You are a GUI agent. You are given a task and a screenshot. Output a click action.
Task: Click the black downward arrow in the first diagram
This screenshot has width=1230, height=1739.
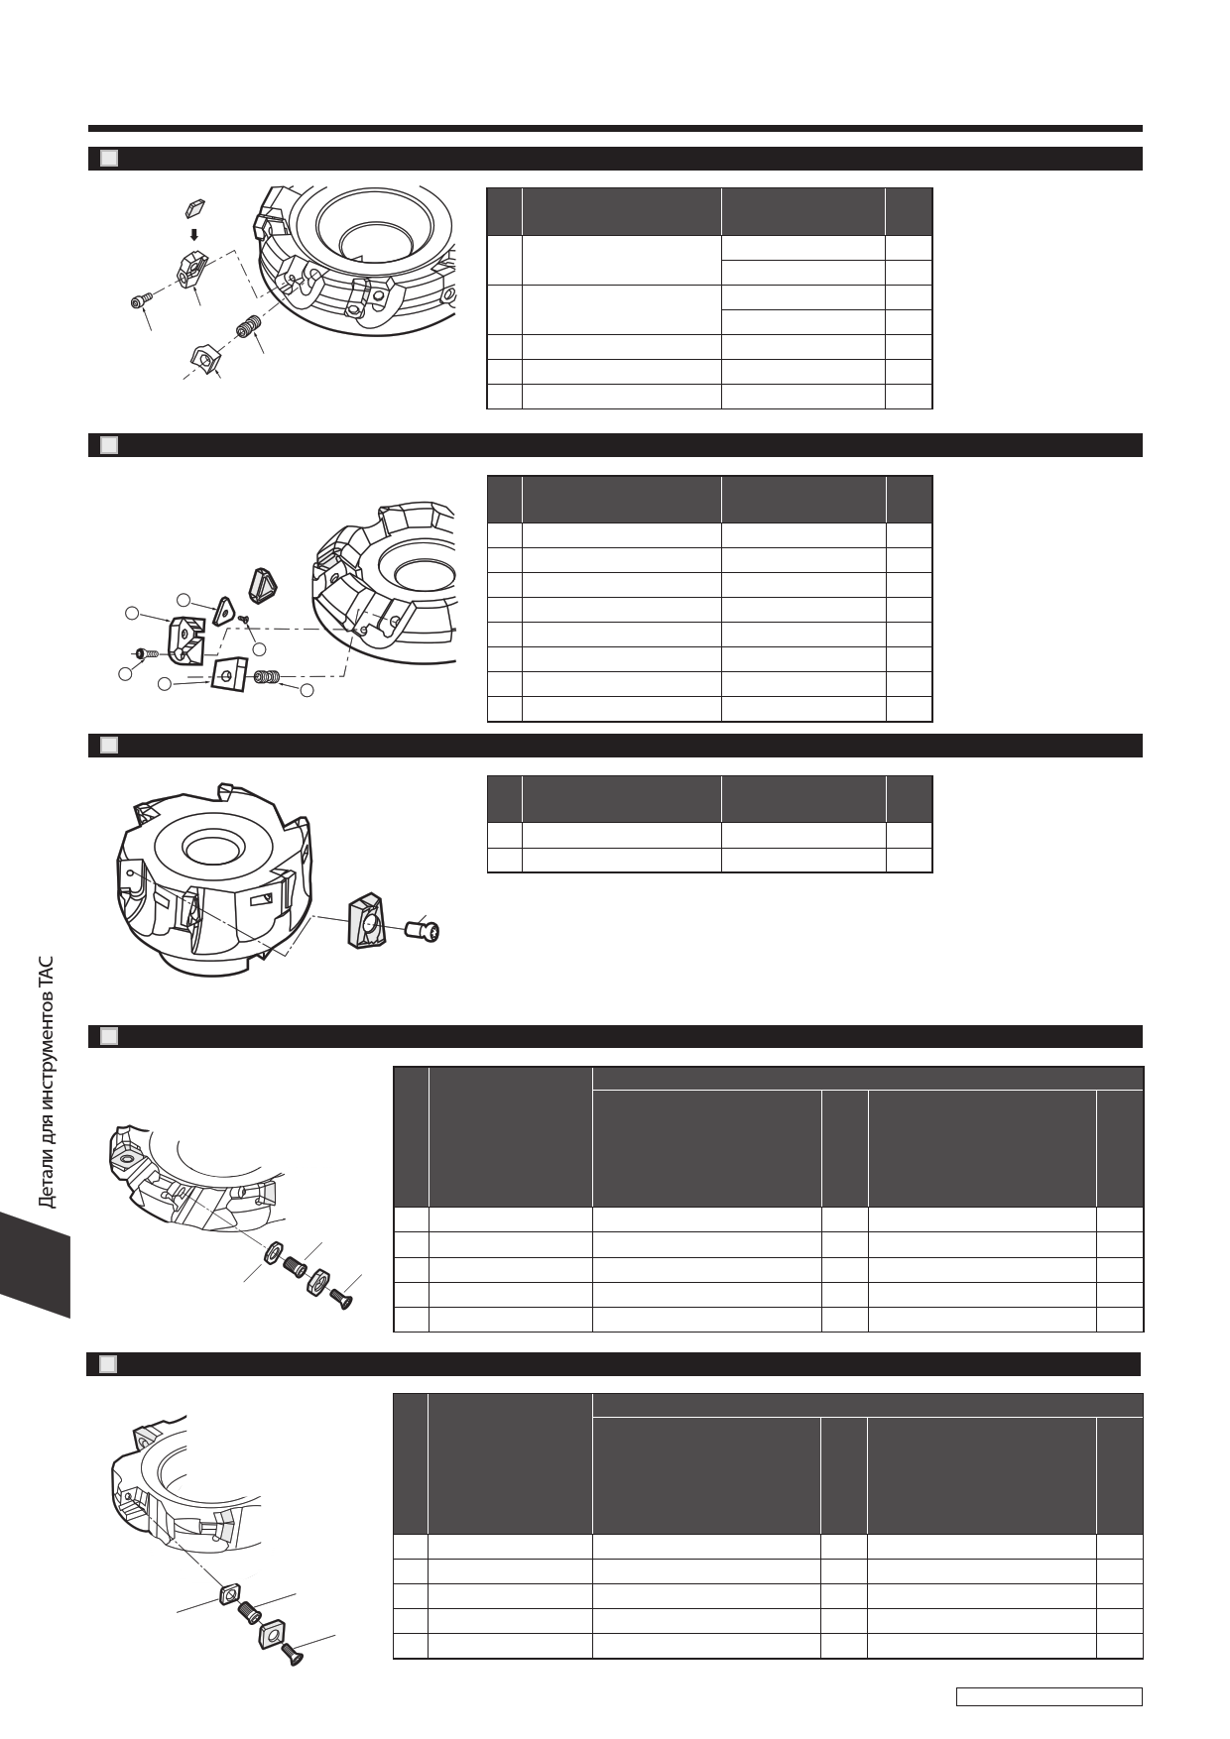click(194, 235)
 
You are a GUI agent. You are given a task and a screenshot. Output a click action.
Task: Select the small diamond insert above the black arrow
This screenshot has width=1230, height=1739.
click(194, 207)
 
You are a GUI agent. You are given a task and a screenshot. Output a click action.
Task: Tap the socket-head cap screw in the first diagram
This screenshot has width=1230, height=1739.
click(142, 301)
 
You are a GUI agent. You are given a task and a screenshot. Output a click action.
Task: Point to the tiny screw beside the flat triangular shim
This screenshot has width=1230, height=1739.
click(244, 618)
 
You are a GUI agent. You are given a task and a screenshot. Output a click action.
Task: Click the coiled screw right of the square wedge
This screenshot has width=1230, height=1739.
click(267, 677)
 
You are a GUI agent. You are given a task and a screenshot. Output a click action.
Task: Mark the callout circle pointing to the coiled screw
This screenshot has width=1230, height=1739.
click(307, 689)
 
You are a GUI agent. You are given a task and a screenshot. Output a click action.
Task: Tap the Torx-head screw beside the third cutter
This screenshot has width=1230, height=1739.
click(424, 931)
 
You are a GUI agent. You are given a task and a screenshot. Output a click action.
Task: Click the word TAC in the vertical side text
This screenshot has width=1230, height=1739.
click(46, 973)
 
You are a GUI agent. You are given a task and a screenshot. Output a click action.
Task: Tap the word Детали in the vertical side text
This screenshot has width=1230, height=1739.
click(46, 1177)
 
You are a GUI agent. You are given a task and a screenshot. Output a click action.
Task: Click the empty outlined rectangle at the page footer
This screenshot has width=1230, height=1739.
click(1049, 1696)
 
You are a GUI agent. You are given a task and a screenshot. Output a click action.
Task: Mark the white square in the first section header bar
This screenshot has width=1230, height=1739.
click(109, 159)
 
